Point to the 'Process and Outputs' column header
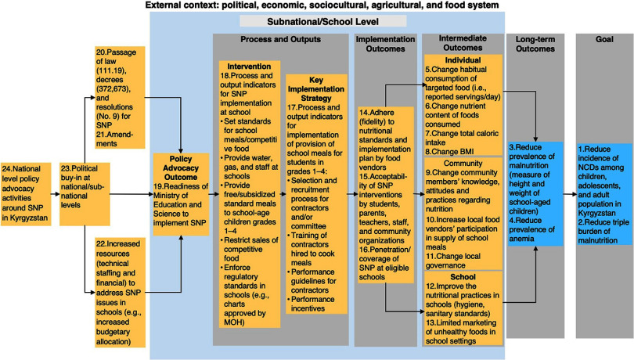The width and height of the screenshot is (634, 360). point(279,39)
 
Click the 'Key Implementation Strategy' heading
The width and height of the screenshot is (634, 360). point(315,88)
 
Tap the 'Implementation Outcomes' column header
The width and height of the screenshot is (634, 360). point(384,44)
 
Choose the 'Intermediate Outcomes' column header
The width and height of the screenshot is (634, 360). point(461,44)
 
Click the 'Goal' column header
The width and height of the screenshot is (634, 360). point(604,39)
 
